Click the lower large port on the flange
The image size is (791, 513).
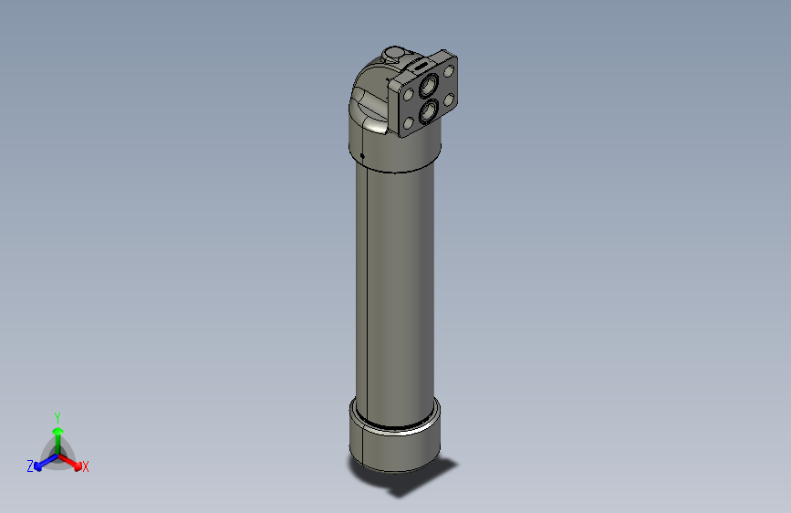pyautogui.click(x=426, y=112)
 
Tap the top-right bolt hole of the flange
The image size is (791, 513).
pyautogui.click(x=449, y=70)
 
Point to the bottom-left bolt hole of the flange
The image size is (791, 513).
pyautogui.click(x=407, y=124)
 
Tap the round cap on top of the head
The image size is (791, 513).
pyautogui.click(x=394, y=54)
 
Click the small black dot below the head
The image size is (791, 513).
pyautogui.click(x=362, y=156)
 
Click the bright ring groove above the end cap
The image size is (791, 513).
pyautogui.click(x=394, y=424)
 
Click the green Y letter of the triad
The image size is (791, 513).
pyautogui.click(x=57, y=416)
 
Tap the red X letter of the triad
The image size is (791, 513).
pyautogui.click(x=86, y=467)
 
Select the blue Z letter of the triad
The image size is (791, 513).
pyautogui.click(x=30, y=466)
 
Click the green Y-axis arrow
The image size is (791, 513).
pyautogui.click(x=57, y=435)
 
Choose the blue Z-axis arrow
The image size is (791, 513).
pyautogui.click(x=42, y=462)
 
